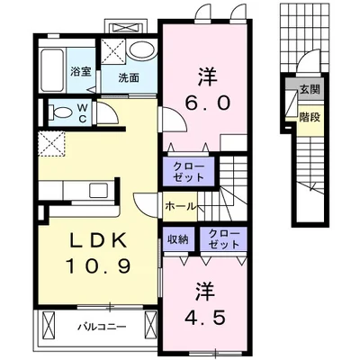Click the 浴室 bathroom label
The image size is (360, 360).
(81, 72)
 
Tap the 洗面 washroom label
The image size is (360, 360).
(129, 78)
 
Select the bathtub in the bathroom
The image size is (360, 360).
(52, 70)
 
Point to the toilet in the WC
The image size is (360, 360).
(60, 112)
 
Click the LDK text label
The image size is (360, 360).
(97, 240)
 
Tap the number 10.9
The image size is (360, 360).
(98, 266)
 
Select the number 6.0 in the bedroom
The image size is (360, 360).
(208, 103)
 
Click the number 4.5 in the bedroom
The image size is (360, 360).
(205, 318)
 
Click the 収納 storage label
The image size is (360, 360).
(177, 239)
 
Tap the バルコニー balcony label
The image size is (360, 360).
(103, 327)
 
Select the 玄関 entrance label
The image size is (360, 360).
(310, 89)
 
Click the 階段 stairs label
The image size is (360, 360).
(310, 117)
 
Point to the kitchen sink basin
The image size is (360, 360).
(99, 191)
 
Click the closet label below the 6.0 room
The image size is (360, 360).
(189, 172)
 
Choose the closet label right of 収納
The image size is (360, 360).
(224, 238)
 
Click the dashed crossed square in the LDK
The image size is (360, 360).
(51, 144)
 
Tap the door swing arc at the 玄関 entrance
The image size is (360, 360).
(311, 58)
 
